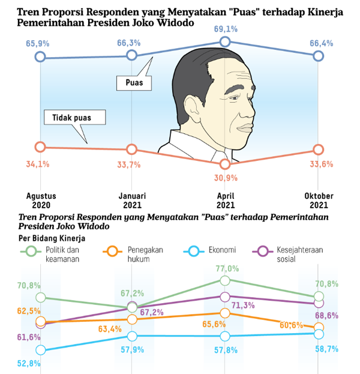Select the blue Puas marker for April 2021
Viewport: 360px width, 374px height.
click(x=224, y=41)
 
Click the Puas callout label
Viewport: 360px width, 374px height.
click(x=133, y=83)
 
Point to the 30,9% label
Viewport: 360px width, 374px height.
click(x=226, y=178)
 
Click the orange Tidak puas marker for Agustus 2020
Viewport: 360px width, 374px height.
click(x=40, y=146)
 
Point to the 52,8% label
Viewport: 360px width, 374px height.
click(x=29, y=363)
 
